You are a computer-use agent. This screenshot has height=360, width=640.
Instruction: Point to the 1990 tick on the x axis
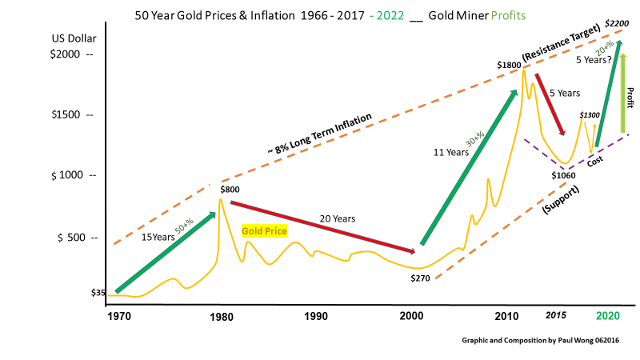(316, 316)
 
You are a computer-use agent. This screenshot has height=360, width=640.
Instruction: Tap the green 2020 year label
(608, 316)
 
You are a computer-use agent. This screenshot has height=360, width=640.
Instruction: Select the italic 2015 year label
(556, 316)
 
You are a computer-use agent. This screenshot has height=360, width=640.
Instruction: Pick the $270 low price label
(422, 278)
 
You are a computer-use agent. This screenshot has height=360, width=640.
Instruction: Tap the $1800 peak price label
(508, 64)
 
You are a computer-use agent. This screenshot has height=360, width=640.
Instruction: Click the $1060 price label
(564, 174)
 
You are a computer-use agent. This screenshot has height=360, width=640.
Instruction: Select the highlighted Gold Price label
(264, 230)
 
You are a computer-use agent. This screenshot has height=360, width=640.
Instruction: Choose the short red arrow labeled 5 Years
(550, 103)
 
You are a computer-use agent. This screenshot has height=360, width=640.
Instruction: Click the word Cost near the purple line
(595, 162)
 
